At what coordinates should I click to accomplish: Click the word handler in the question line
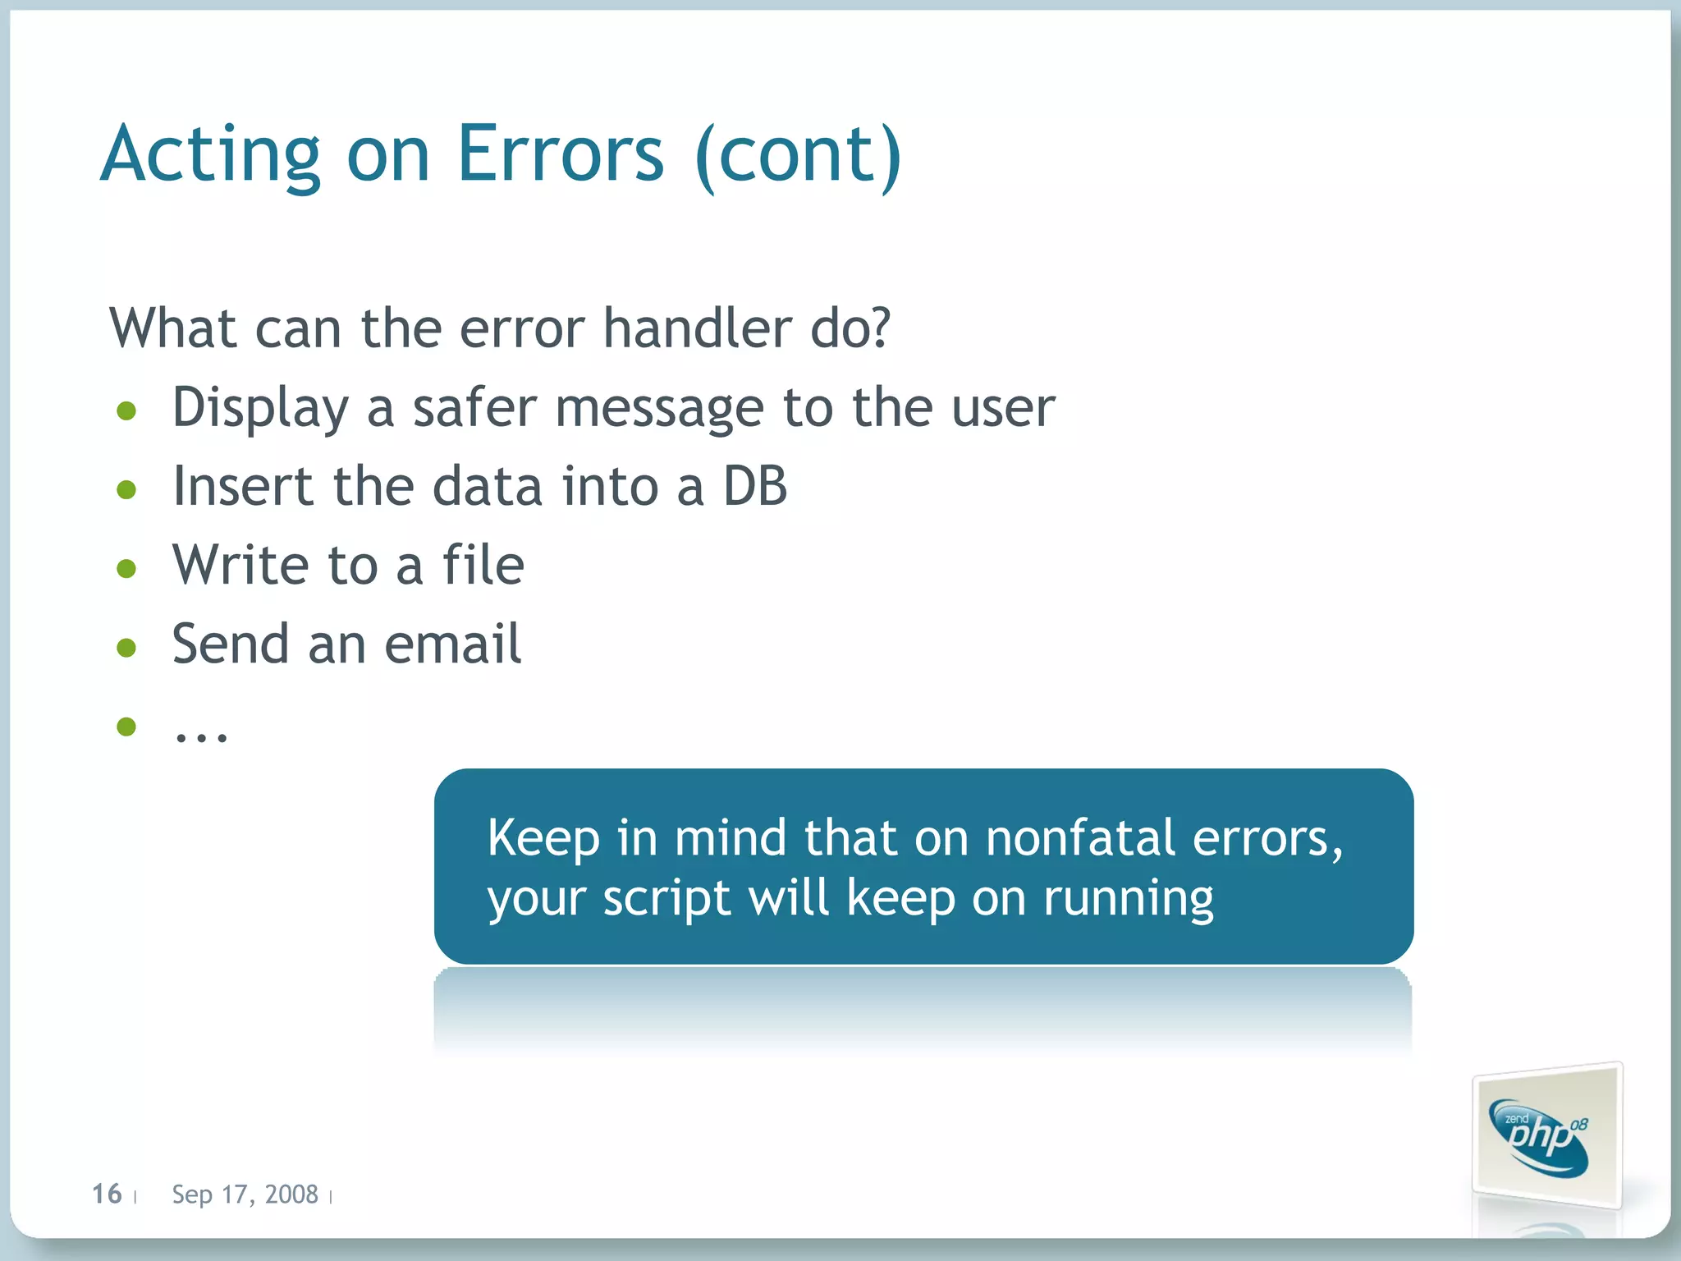(x=696, y=328)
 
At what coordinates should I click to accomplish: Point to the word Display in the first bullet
(x=260, y=408)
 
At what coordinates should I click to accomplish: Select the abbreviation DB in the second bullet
(x=754, y=486)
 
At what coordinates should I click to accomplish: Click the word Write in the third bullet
(x=240, y=565)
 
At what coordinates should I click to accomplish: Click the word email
(x=452, y=644)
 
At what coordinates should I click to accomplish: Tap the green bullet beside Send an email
(x=126, y=648)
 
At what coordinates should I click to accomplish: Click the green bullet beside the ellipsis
(x=126, y=727)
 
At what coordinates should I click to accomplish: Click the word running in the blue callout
(x=1128, y=899)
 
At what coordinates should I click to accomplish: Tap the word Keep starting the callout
(x=543, y=838)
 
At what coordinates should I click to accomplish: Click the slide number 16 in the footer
(x=107, y=1194)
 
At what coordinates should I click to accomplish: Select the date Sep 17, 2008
(x=245, y=1195)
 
